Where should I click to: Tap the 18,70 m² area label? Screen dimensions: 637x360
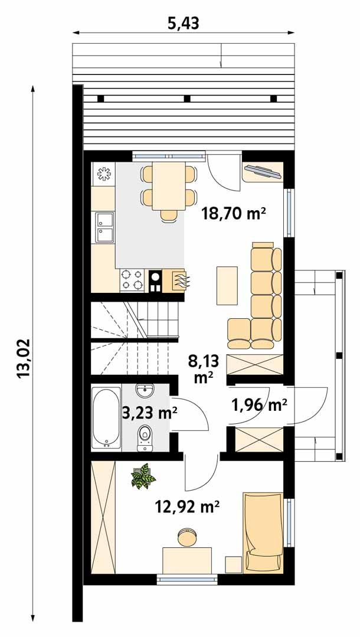coord(233,213)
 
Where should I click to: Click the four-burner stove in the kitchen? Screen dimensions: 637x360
coord(133,280)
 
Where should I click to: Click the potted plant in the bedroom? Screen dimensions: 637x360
coord(142,476)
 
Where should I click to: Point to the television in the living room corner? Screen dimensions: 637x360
coord(263,171)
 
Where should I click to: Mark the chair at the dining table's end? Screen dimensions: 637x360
coord(169,215)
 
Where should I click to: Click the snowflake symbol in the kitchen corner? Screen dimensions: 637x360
coord(104,173)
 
